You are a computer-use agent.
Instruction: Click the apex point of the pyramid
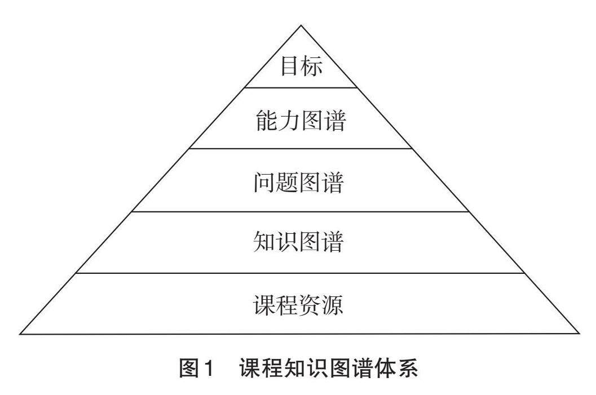coord(301,25)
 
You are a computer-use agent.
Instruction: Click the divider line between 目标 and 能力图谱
coord(301,87)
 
